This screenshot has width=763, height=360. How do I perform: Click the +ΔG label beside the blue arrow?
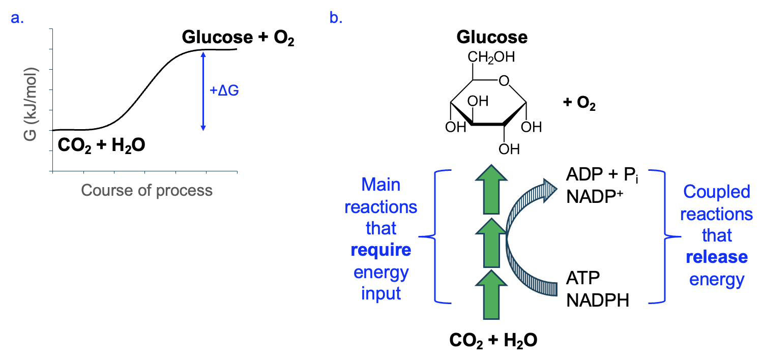224,92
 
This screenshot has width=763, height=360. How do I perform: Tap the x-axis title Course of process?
146,191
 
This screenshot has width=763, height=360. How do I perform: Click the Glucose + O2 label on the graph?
238,38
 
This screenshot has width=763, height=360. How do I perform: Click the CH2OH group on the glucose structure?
491,56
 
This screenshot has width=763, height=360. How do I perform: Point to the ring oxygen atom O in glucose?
504,80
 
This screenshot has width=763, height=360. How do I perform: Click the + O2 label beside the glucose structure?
579,105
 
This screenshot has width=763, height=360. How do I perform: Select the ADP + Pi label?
598,176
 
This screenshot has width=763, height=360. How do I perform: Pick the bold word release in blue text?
717,257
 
